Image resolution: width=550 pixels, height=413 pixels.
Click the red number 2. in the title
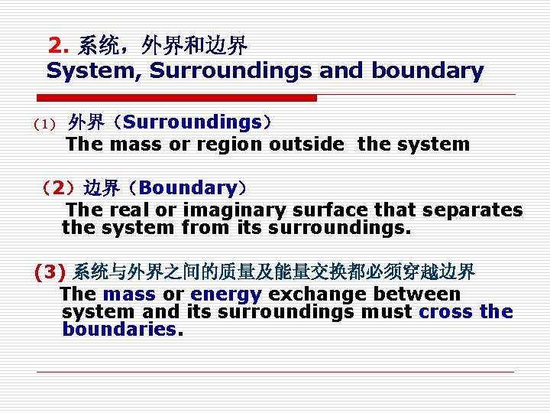point(59,46)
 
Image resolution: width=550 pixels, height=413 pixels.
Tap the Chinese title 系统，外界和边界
point(163,46)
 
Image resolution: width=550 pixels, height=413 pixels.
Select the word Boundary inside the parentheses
point(188,188)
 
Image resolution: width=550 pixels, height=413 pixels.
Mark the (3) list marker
point(50,272)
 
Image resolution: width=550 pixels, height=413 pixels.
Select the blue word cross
point(446,312)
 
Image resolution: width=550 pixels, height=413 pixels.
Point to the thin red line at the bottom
point(275,372)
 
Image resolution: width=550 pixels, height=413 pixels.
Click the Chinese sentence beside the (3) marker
point(273,272)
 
